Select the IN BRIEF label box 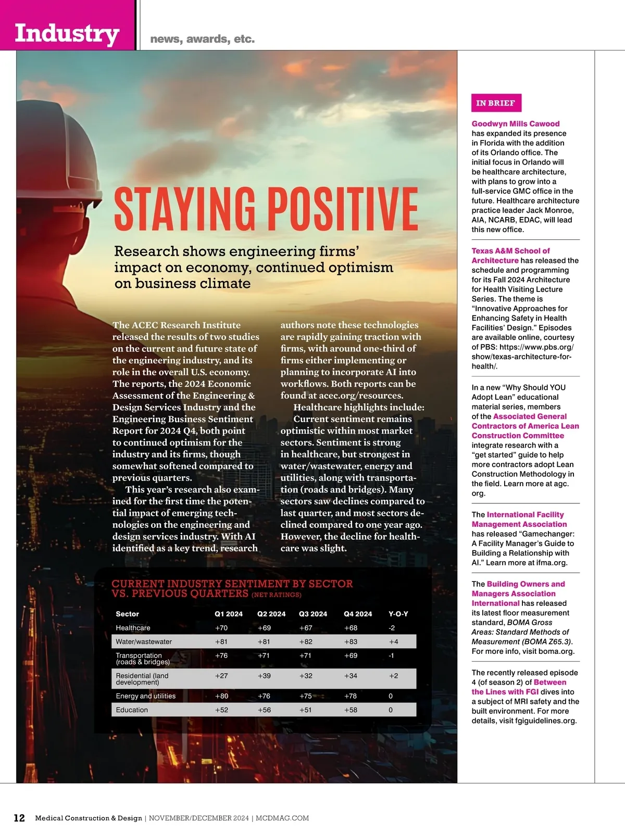(495, 103)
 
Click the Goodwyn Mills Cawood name (516, 124)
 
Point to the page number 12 (19, 818)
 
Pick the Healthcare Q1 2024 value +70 (221, 628)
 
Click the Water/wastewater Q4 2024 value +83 (351, 642)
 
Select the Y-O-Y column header (398, 614)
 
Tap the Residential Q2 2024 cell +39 (264, 676)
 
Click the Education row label (132, 710)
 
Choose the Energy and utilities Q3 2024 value (306, 696)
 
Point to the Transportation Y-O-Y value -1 (391, 655)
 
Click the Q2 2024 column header (271, 614)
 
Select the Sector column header (127, 614)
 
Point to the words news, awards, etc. (203, 39)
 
